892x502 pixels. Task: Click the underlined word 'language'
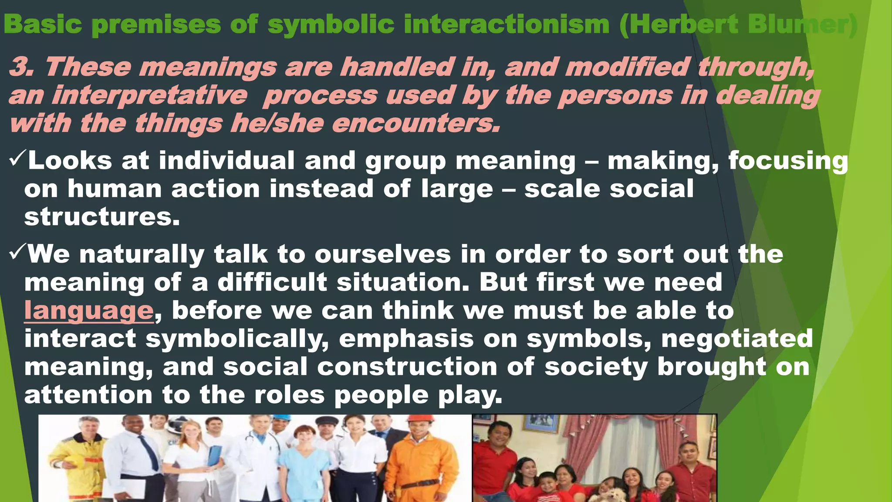(x=88, y=311)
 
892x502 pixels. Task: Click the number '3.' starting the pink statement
(x=22, y=68)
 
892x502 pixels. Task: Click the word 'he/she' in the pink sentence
(x=277, y=124)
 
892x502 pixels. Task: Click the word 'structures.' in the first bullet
(x=102, y=217)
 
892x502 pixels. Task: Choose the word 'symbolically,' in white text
(x=237, y=339)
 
